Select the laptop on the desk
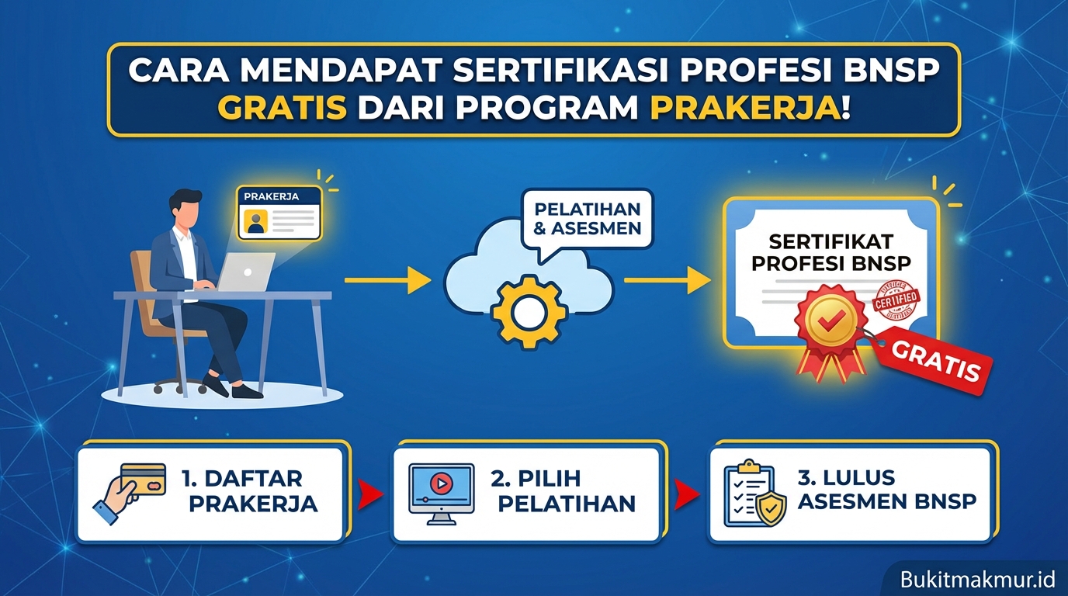(x=244, y=272)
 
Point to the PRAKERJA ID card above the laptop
(x=279, y=212)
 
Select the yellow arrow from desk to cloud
(x=387, y=279)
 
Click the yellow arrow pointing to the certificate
(x=667, y=279)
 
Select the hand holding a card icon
(x=131, y=490)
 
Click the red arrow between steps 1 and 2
(x=371, y=492)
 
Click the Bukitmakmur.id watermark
(x=978, y=579)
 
